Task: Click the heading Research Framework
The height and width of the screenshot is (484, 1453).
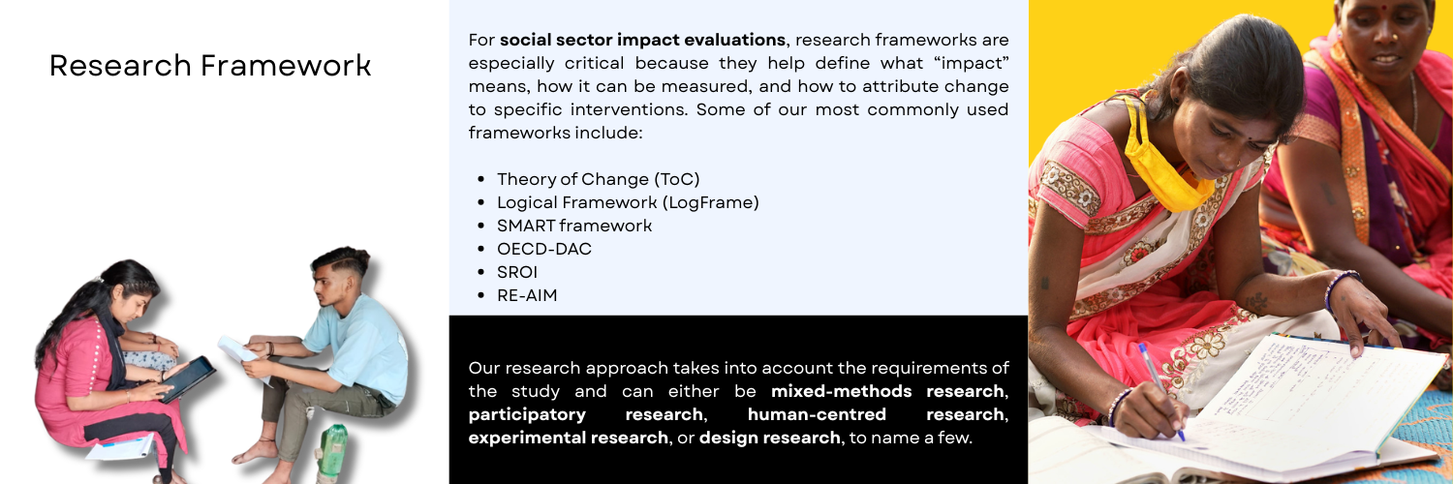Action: click(x=210, y=66)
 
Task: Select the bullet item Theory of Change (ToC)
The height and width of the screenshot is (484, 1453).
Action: click(x=598, y=179)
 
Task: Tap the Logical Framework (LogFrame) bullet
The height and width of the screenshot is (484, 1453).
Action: click(x=628, y=202)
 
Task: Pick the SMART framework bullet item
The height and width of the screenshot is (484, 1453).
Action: click(x=574, y=226)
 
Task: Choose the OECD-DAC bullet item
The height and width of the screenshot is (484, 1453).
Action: click(x=543, y=249)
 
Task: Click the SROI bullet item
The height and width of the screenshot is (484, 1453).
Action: click(x=517, y=272)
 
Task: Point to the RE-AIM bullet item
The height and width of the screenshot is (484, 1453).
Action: click(x=527, y=295)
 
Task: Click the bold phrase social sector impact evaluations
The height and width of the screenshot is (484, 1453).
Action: click(x=642, y=40)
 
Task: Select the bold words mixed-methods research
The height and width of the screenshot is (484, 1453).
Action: click(x=887, y=391)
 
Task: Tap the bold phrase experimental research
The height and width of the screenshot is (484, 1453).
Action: click(x=568, y=438)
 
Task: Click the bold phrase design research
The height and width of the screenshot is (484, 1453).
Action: click(x=769, y=438)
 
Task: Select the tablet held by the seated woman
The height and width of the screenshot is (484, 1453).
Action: click(x=188, y=378)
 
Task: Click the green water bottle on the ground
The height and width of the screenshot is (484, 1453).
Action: click(x=333, y=452)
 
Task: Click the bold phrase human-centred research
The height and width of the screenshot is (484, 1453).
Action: click(x=877, y=414)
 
